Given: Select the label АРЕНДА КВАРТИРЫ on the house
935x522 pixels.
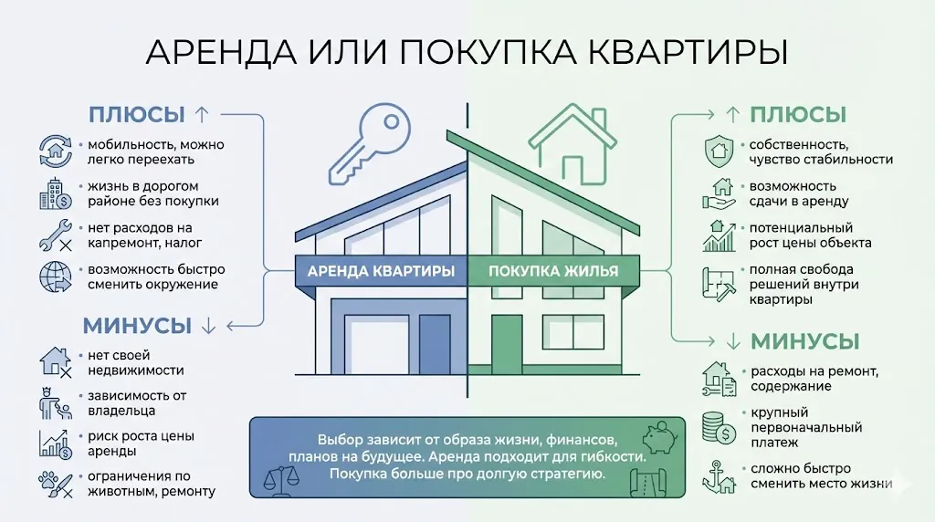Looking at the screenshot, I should coord(381,271).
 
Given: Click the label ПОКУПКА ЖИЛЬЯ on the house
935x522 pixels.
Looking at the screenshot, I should coord(553,271).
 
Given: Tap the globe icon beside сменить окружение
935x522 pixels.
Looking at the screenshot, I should coord(56,277).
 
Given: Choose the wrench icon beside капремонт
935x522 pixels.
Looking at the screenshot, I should coord(56,235).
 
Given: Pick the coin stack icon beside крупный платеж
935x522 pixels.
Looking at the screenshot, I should coord(718,427).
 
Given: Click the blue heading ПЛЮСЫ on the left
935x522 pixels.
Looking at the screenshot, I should coord(136,115).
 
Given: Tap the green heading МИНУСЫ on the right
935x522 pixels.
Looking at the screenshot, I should coord(804,341).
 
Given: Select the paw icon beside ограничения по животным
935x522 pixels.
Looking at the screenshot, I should coord(56,484).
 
